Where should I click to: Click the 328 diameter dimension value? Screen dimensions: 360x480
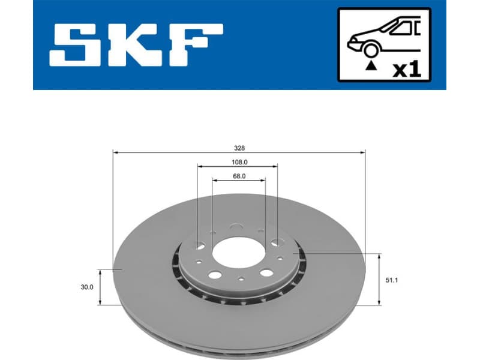[x=239, y=148]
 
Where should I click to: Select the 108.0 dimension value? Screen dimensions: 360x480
[x=238, y=162]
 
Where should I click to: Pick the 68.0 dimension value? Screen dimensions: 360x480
[x=239, y=176]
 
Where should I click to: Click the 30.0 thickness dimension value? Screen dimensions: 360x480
[x=88, y=287]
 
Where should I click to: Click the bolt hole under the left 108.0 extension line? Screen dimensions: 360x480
[x=200, y=245]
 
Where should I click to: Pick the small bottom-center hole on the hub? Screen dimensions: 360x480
[x=241, y=278]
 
